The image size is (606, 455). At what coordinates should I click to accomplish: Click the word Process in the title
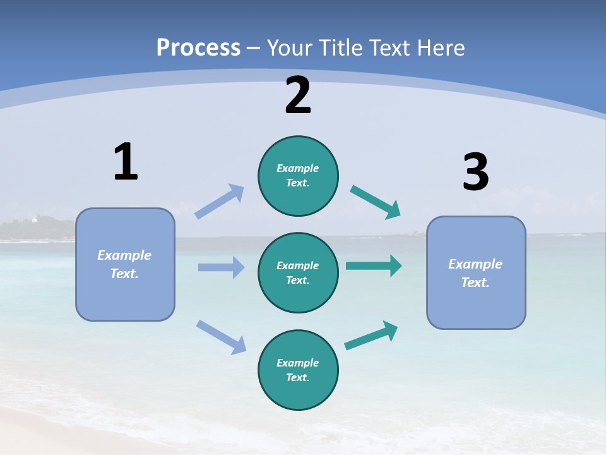tap(198, 48)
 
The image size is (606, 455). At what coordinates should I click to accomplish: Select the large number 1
tap(126, 162)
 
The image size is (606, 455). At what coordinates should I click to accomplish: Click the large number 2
tap(298, 96)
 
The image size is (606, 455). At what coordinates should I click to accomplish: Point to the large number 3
tap(475, 173)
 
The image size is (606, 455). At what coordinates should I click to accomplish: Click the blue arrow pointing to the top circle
tap(220, 202)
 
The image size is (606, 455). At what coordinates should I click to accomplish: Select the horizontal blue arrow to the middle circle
tap(221, 267)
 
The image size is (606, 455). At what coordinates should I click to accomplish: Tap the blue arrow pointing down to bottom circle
tap(221, 337)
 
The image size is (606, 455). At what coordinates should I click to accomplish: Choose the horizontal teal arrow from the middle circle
tap(373, 265)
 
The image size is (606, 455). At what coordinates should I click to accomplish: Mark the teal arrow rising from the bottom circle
tap(371, 336)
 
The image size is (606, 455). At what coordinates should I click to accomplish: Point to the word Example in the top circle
tap(297, 168)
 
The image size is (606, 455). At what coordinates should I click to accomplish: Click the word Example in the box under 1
tap(124, 255)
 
